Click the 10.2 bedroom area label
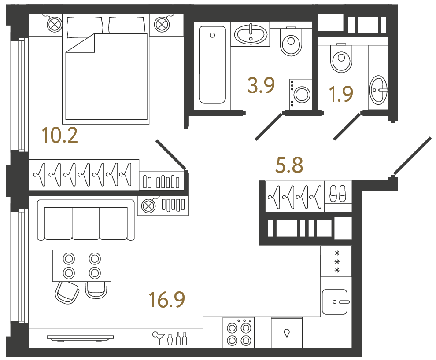pos(60,135)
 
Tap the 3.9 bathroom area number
pos(261,85)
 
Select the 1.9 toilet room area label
pos(341,93)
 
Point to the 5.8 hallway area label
pos(289,166)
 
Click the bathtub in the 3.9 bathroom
pos(212,65)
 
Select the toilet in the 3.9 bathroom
pos(290,42)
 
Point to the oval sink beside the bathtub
pos(251,34)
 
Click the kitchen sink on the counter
pos(336,301)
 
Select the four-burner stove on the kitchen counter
pos(238,334)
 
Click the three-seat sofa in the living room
pos(86,220)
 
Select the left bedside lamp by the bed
pos(54,24)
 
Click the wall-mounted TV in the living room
pos(80,338)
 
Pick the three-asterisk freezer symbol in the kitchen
pos(337,261)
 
